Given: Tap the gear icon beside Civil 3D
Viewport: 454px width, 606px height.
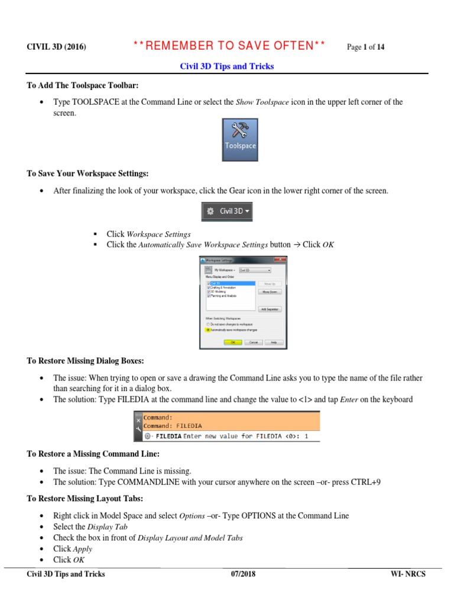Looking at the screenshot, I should tap(210, 211).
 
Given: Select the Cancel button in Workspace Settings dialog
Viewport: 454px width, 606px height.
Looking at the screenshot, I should tap(252, 342).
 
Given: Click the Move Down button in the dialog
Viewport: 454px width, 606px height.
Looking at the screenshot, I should tap(270, 292).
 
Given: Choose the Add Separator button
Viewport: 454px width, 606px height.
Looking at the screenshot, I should tap(270, 309).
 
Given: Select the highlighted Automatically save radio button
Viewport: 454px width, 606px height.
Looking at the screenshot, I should tap(207, 330).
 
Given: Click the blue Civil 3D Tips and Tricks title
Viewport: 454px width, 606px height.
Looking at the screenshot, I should tap(227, 66).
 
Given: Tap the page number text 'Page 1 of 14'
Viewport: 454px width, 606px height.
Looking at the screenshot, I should tap(365, 47).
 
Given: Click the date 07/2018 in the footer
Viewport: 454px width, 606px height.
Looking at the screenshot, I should tap(243, 574).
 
